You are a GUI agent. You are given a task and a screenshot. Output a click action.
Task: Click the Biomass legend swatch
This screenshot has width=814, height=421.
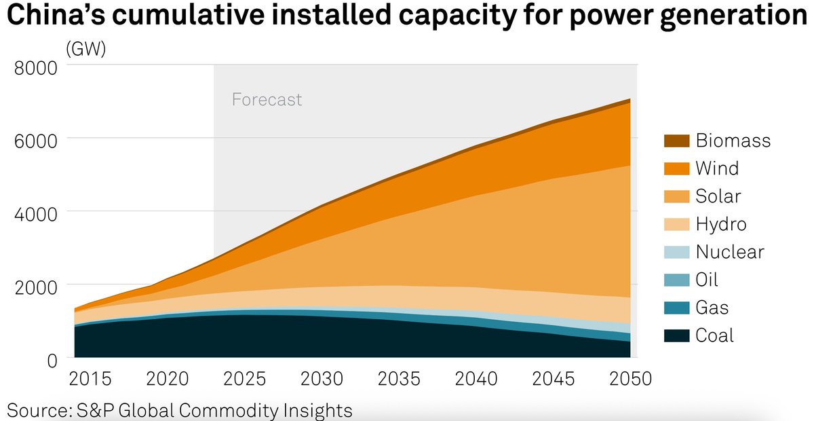676,141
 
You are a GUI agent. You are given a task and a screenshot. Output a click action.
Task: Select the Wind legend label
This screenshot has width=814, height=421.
717,168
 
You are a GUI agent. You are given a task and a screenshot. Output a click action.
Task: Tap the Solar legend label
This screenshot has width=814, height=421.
718,196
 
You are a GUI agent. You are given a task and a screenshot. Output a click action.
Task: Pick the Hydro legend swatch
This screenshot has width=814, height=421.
676,224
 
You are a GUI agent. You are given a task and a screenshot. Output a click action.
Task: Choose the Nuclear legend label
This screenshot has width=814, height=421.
730,252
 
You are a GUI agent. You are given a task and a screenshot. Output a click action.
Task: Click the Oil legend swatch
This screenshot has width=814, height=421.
676,280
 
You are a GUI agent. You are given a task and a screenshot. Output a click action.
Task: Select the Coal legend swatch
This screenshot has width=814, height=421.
676,335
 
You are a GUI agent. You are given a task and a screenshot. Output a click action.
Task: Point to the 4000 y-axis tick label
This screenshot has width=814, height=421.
35,212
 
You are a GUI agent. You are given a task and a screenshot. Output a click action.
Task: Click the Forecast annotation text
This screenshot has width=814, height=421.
267,100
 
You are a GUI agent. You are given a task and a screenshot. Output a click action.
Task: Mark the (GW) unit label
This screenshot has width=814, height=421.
85,49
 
